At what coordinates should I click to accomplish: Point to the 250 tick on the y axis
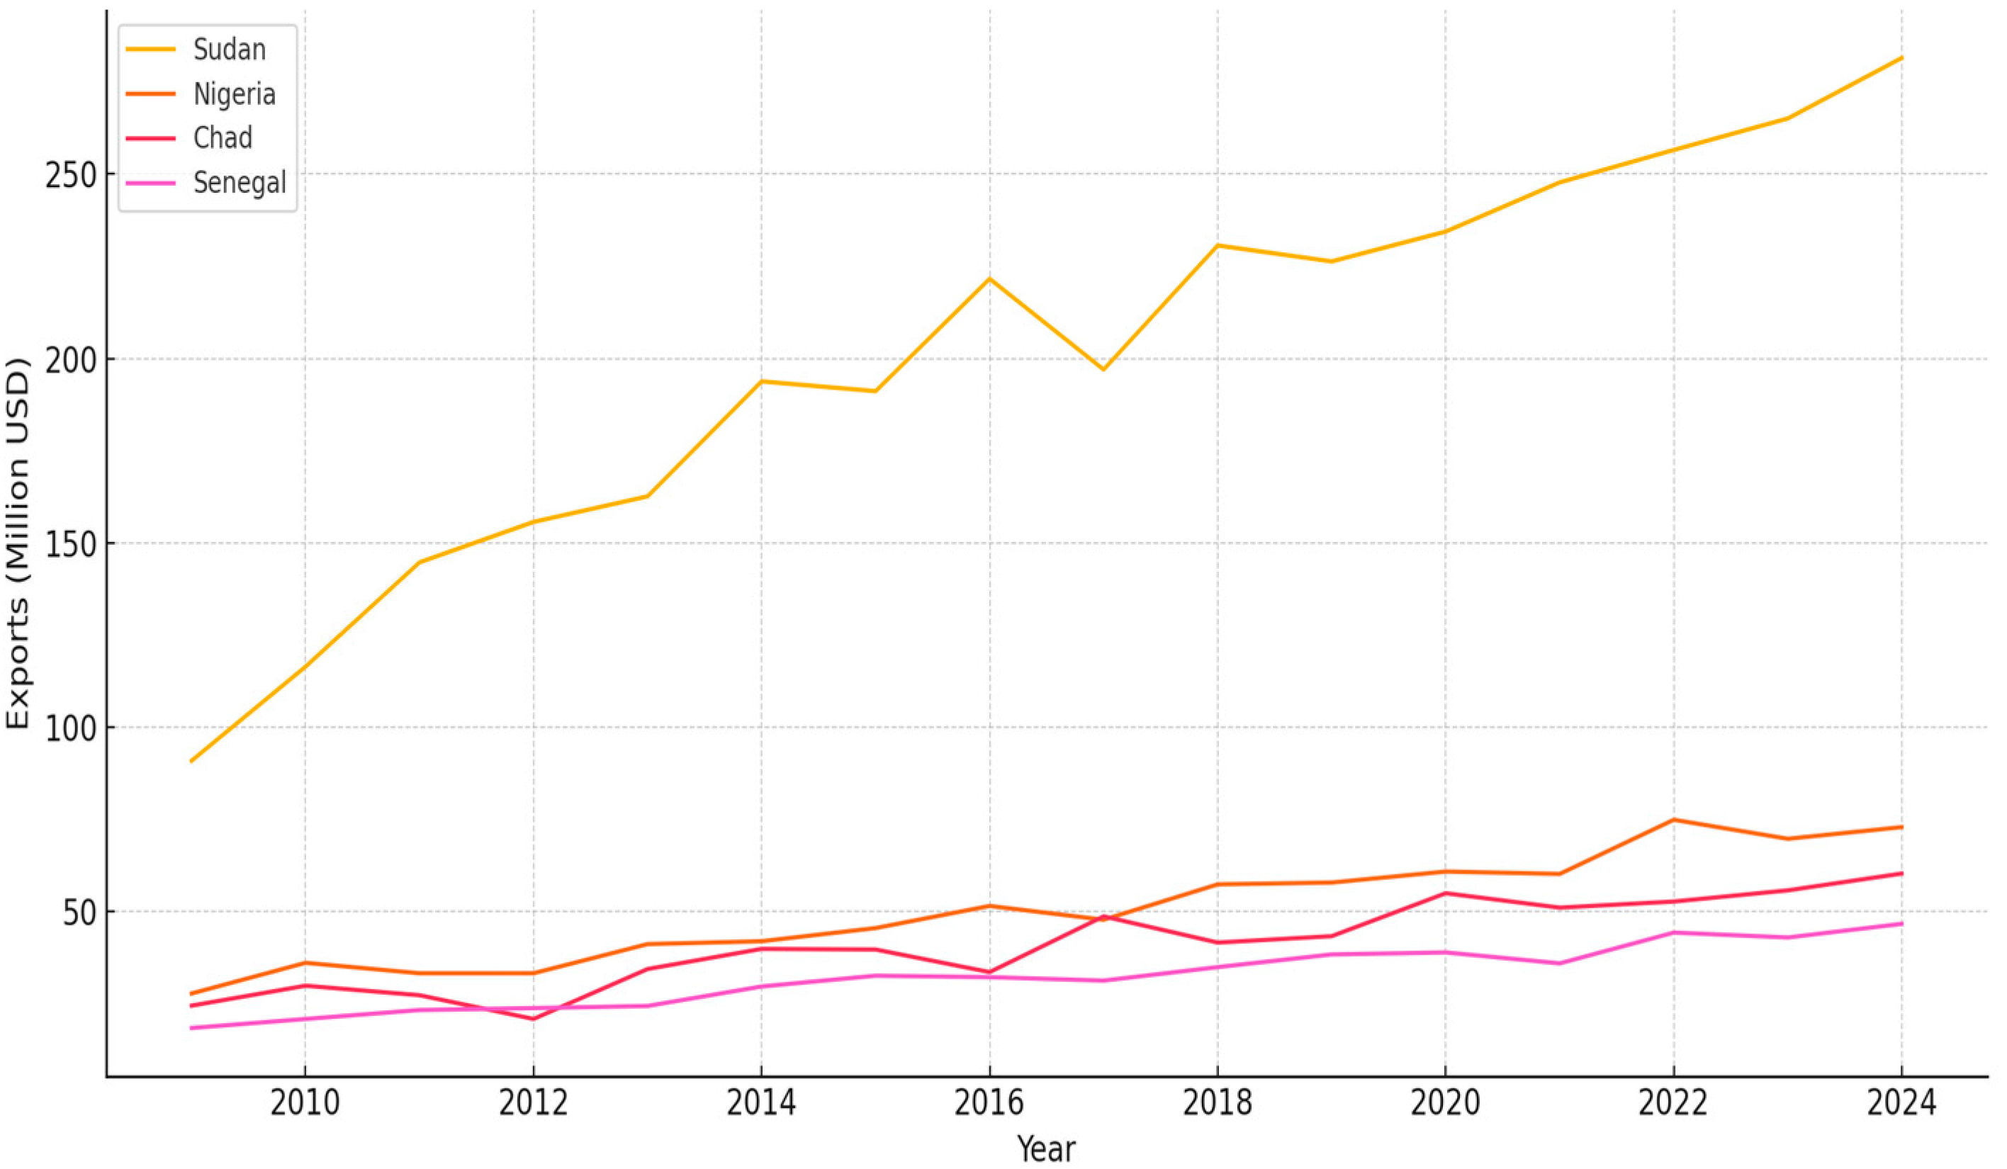[x=69, y=175]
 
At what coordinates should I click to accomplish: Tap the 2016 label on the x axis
[x=989, y=1104]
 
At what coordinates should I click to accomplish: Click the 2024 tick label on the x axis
[x=1901, y=1104]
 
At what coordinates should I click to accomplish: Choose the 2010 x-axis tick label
[x=304, y=1104]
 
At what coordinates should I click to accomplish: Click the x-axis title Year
[x=1046, y=1149]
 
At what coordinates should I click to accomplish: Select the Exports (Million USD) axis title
[x=18, y=543]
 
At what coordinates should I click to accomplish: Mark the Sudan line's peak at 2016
[x=989, y=278]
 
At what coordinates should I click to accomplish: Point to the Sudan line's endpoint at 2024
[x=1902, y=58]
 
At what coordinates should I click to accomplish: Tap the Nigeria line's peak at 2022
[x=1673, y=820]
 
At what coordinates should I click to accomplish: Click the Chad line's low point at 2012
[x=533, y=1019]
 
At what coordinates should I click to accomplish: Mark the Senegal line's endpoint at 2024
[x=1902, y=924]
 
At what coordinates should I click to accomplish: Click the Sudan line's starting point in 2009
[x=191, y=762]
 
